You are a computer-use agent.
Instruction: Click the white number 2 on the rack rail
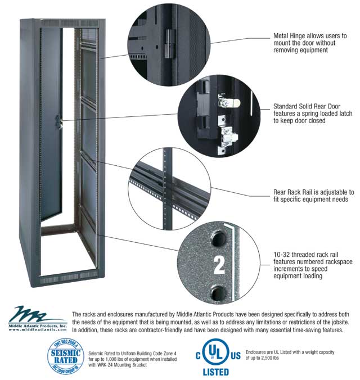pos(219,265)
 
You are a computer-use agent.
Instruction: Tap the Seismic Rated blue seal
pos(66,356)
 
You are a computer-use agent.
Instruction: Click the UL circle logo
pos(215,352)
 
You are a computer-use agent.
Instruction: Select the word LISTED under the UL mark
pos(216,372)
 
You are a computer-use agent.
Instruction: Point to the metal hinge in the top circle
pos(170,44)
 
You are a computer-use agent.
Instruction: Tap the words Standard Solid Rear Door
pos(307,106)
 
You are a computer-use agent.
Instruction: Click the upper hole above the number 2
pos(219,239)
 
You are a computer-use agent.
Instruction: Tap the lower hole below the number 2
pos(219,293)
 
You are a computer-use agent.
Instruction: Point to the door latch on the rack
pos(58,123)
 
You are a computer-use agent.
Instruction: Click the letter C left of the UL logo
pos(198,356)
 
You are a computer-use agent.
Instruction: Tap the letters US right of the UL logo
pos(236,356)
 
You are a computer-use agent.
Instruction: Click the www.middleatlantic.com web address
pos(38,329)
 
